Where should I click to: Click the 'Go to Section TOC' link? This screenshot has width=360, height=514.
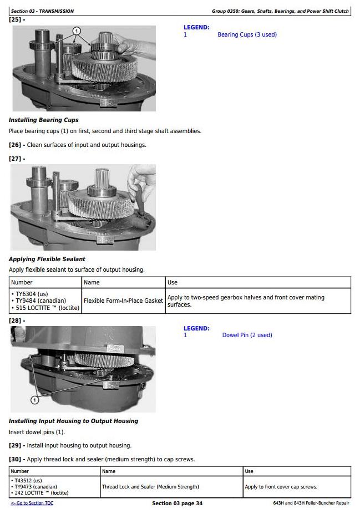pos(32,503)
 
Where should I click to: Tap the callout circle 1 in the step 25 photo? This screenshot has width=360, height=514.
pos(77,31)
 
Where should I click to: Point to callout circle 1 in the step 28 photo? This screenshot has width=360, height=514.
pos(34,400)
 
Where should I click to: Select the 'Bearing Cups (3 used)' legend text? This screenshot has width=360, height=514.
pos(247,34)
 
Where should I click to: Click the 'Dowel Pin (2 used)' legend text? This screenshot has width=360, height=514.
pos(247,335)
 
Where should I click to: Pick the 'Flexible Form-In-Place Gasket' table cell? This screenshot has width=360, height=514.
pos(123,301)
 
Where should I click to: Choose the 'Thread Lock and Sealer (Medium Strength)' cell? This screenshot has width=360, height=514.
pos(150,487)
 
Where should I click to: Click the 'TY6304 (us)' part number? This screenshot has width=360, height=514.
pos(29,294)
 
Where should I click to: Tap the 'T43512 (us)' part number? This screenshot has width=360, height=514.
pos(26,481)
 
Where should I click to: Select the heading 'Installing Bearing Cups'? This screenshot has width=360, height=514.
pos(44,120)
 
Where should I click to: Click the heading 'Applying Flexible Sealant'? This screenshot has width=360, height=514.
pos(47,259)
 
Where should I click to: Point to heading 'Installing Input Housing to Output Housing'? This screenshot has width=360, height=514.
pos(73,421)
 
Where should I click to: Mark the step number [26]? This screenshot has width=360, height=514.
pos(15,145)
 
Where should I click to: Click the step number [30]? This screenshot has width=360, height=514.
pos(15,459)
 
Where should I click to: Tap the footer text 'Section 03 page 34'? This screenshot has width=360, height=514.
pos(177,503)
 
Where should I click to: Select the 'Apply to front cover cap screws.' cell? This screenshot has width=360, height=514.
pos(281,487)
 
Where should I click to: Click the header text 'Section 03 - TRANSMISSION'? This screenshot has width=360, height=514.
pos(42,11)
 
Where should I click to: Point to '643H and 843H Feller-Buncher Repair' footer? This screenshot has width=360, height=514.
pos(311,503)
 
